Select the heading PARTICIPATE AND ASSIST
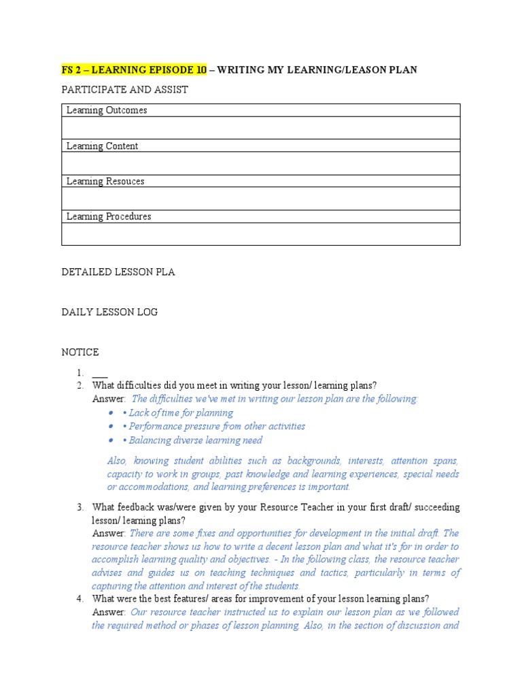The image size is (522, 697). pos(124,90)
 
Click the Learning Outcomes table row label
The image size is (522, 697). pos(106,110)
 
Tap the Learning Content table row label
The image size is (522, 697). pos(102,146)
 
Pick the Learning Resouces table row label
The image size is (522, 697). pos(105,181)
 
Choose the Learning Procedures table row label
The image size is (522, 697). pos(108,216)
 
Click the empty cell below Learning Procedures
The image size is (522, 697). pos(260,233)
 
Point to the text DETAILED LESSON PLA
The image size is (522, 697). pos(118,272)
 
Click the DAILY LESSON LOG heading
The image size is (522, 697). pos(109,312)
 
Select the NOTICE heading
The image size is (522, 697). pos(80,352)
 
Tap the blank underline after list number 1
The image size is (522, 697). pos(99,373)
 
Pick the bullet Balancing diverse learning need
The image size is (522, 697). pos(195,440)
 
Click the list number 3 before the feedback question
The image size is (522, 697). pos(80,507)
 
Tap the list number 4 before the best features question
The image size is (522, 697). pos(80,598)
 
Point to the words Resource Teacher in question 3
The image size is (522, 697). pos(304,507)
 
